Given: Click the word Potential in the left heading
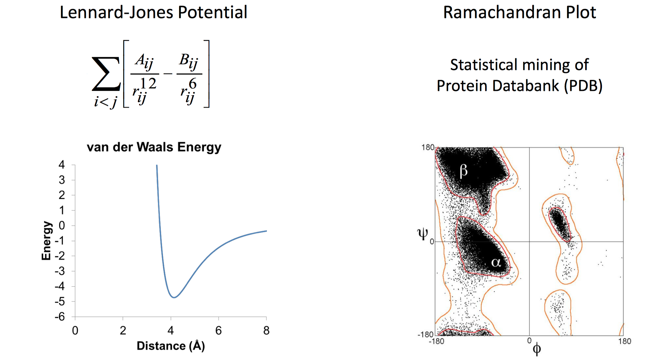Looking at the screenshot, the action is pos(212,13).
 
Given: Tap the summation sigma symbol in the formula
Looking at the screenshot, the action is pos(106,74).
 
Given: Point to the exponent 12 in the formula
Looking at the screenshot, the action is pos(148,83).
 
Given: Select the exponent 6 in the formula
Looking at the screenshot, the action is pos(193,84).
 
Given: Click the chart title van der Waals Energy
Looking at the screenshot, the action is pos(154,147).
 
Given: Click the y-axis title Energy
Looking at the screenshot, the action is pos(46,241).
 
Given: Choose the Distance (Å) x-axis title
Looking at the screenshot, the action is pos(171,346).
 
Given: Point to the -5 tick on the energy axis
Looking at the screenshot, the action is pos(60,302).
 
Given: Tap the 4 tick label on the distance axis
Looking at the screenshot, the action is pos(171,331).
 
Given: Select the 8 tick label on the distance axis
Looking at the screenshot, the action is pos(266,331).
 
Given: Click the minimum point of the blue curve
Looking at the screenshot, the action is pos(174,297).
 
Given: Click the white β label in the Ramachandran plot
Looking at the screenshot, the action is pos(463,171).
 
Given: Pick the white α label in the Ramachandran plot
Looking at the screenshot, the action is pos(496,263).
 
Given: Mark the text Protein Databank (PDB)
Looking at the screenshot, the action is pos(520,86).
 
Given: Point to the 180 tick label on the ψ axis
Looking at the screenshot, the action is pos(428,147).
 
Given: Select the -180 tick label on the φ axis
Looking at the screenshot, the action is pos(436,341).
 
